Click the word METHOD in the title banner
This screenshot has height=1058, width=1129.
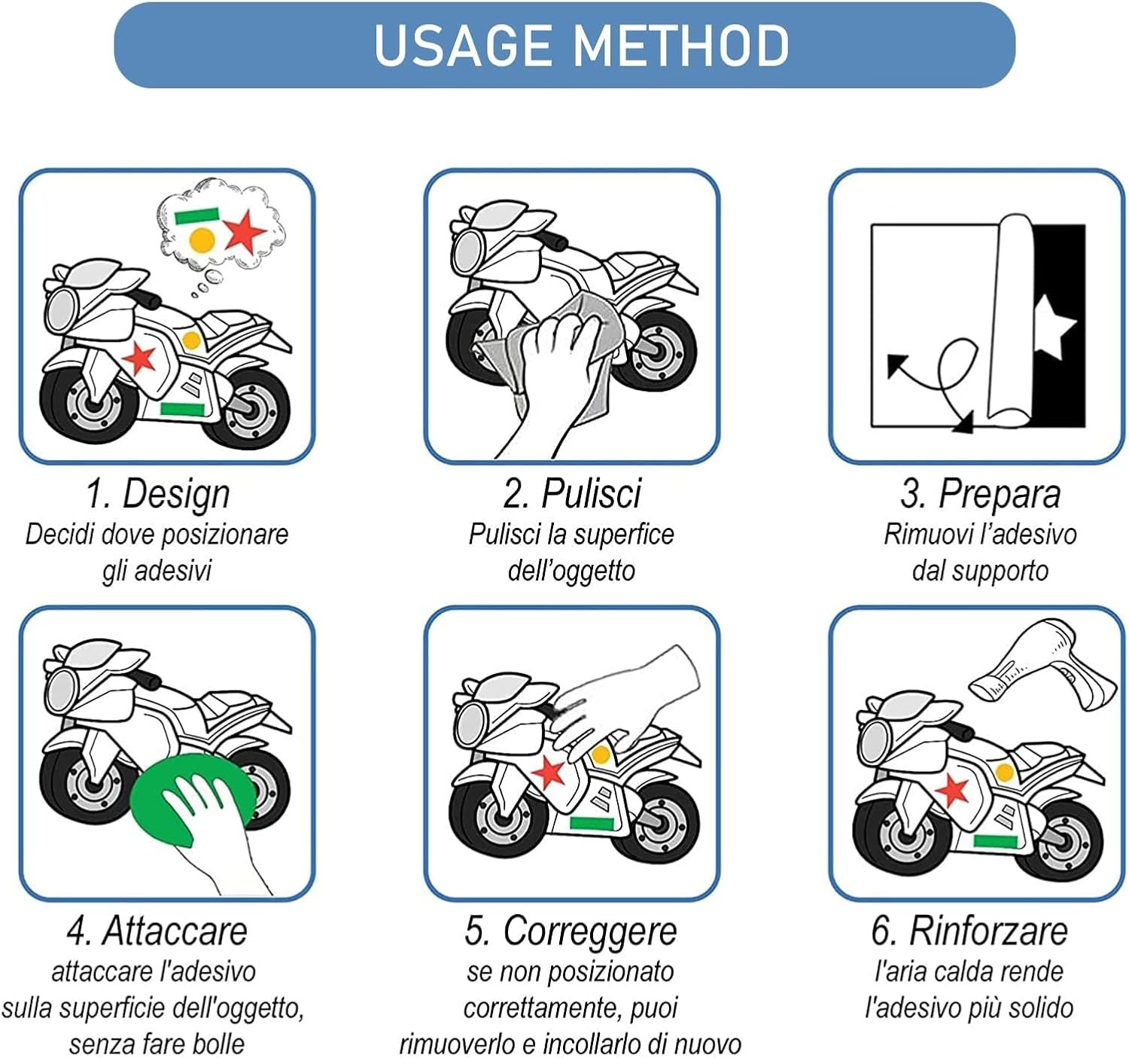click(x=681, y=45)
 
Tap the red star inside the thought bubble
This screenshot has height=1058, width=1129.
click(x=244, y=230)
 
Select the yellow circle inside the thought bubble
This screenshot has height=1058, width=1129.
click(x=202, y=240)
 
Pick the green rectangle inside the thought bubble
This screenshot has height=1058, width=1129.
click(x=196, y=216)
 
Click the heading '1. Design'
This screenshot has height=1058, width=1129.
click(x=157, y=494)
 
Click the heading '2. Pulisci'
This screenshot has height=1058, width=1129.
click(x=572, y=494)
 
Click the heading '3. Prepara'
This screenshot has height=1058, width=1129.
click(x=980, y=494)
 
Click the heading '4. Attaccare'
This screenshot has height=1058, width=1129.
click(x=157, y=931)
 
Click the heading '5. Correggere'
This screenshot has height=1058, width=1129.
click(x=571, y=931)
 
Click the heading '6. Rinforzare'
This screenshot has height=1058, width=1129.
click(x=969, y=931)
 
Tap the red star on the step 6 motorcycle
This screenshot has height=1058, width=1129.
click(x=954, y=791)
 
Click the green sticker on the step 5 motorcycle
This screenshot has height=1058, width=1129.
click(x=592, y=823)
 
